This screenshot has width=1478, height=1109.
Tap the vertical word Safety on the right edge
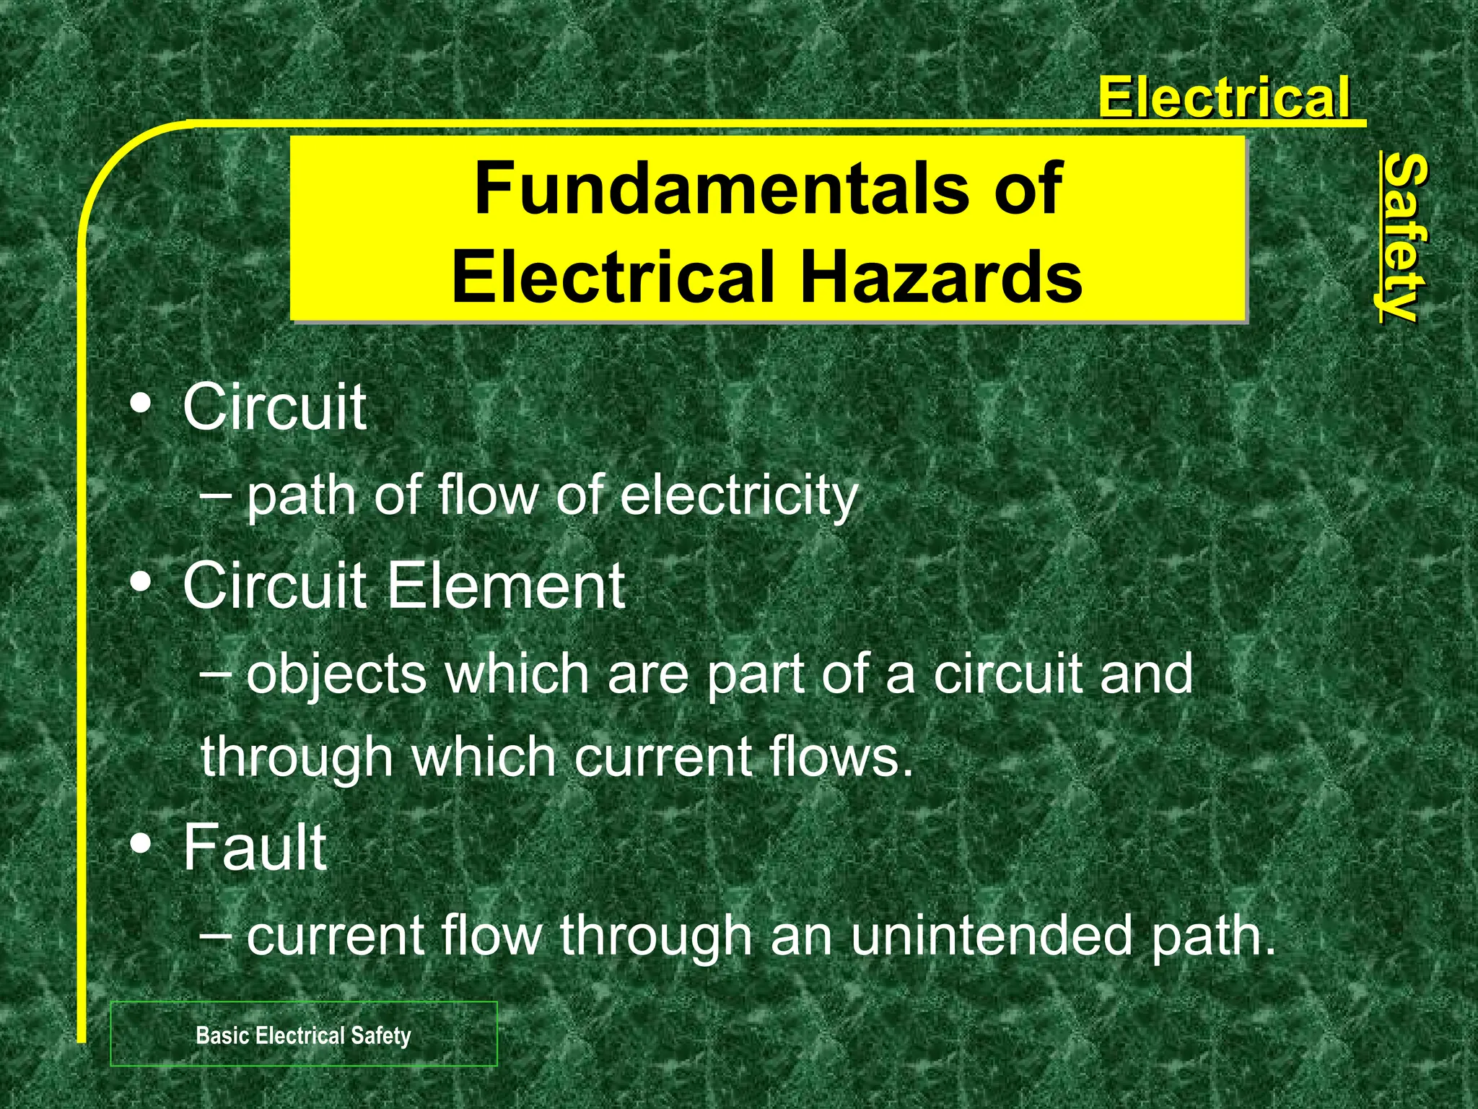tap(1402, 237)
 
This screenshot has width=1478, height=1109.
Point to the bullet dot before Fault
tap(141, 842)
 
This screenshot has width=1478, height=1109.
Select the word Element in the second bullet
tap(506, 586)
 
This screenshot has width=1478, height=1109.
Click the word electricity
tap(739, 497)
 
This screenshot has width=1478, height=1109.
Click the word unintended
tap(992, 936)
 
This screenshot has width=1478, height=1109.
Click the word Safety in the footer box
tap(381, 1036)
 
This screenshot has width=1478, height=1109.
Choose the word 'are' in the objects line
tap(648, 674)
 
